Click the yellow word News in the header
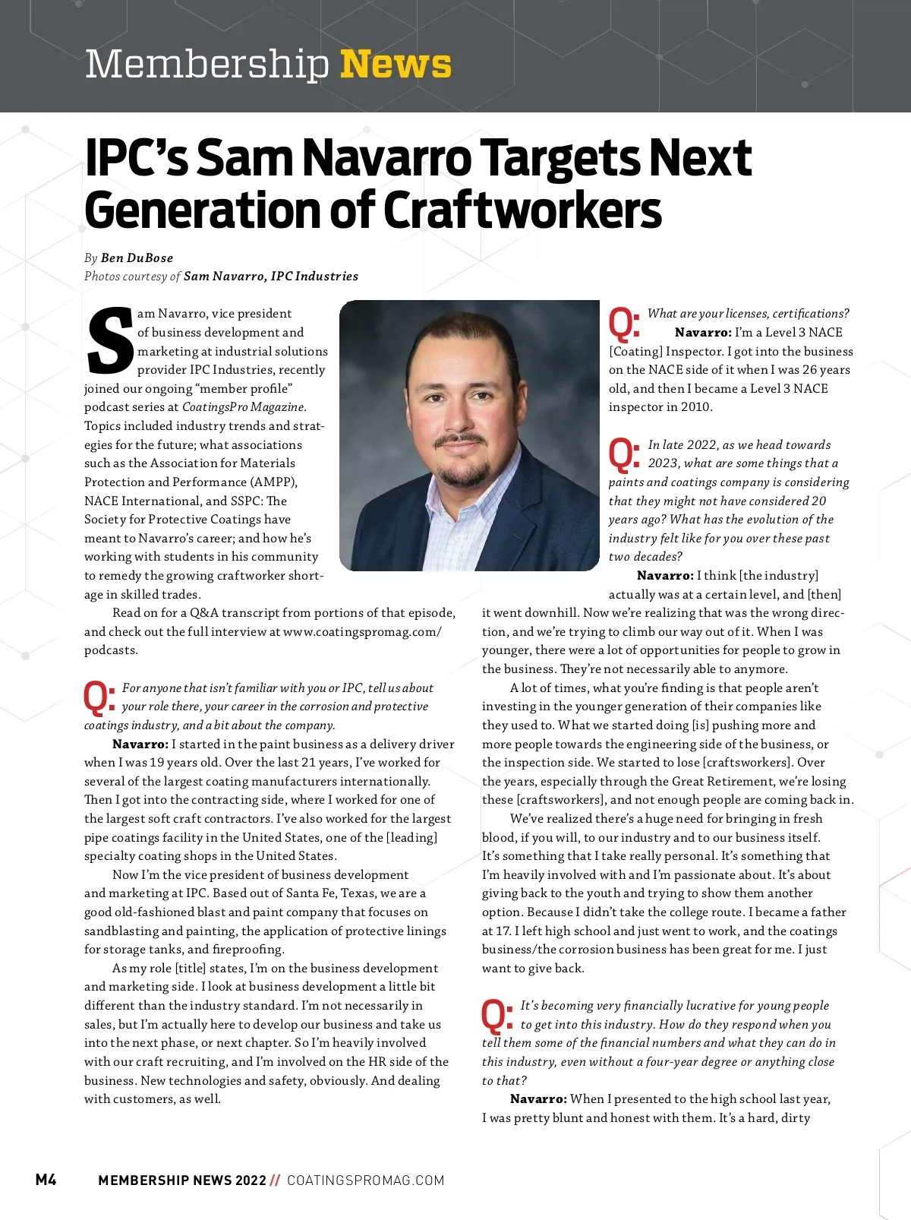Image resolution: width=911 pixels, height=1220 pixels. pos(396,65)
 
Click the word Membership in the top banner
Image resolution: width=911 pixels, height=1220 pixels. pos(206,65)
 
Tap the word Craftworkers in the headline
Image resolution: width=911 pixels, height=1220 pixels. pos(522,210)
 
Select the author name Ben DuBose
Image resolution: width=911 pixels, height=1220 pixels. pos(137,258)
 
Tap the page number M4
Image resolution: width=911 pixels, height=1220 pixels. pos(46,1180)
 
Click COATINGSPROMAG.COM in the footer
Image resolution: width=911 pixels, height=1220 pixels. pos(365,1180)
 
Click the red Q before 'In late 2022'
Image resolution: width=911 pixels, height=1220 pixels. pos(624,454)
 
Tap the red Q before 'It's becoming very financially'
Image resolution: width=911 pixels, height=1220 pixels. pos(496,1016)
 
